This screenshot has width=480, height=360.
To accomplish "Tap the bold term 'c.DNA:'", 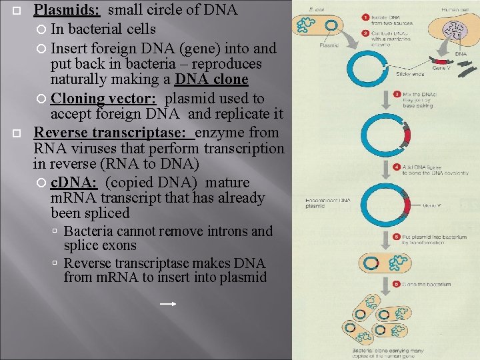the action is click(75, 183).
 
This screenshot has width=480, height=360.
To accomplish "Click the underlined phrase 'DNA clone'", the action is click(211, 81).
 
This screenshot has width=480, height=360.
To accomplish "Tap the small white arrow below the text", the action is click(168, 304).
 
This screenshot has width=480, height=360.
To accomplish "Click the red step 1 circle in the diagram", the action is click(364, 16).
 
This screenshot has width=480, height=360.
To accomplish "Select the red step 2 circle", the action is click(364, 32).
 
